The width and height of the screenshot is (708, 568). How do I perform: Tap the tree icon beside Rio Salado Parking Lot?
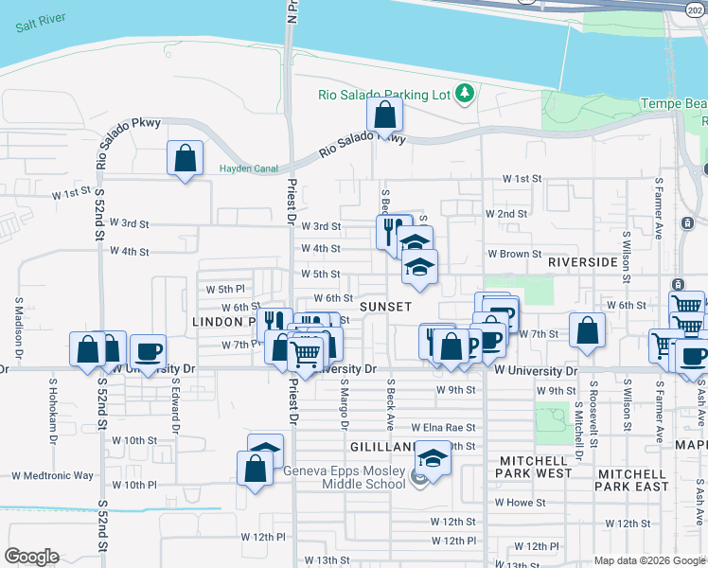coord(464,93)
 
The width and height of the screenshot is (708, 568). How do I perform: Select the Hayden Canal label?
coord(249,169)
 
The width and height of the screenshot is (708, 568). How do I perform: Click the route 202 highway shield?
coord(695,9)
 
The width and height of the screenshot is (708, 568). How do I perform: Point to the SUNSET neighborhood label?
coord(385,307)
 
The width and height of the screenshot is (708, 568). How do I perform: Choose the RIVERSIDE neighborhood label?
coord(583,261)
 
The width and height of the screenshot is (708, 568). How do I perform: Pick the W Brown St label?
coord(514,255)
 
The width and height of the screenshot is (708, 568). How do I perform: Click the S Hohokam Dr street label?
coord(54,409)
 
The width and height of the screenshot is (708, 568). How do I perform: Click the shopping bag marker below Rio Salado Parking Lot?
coord(385,115)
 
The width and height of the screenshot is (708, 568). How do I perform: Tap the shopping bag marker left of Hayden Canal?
coord(186,159)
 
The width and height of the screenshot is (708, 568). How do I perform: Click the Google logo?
coord(31,557)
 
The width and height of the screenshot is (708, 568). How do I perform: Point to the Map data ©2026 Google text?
coord(648,560)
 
